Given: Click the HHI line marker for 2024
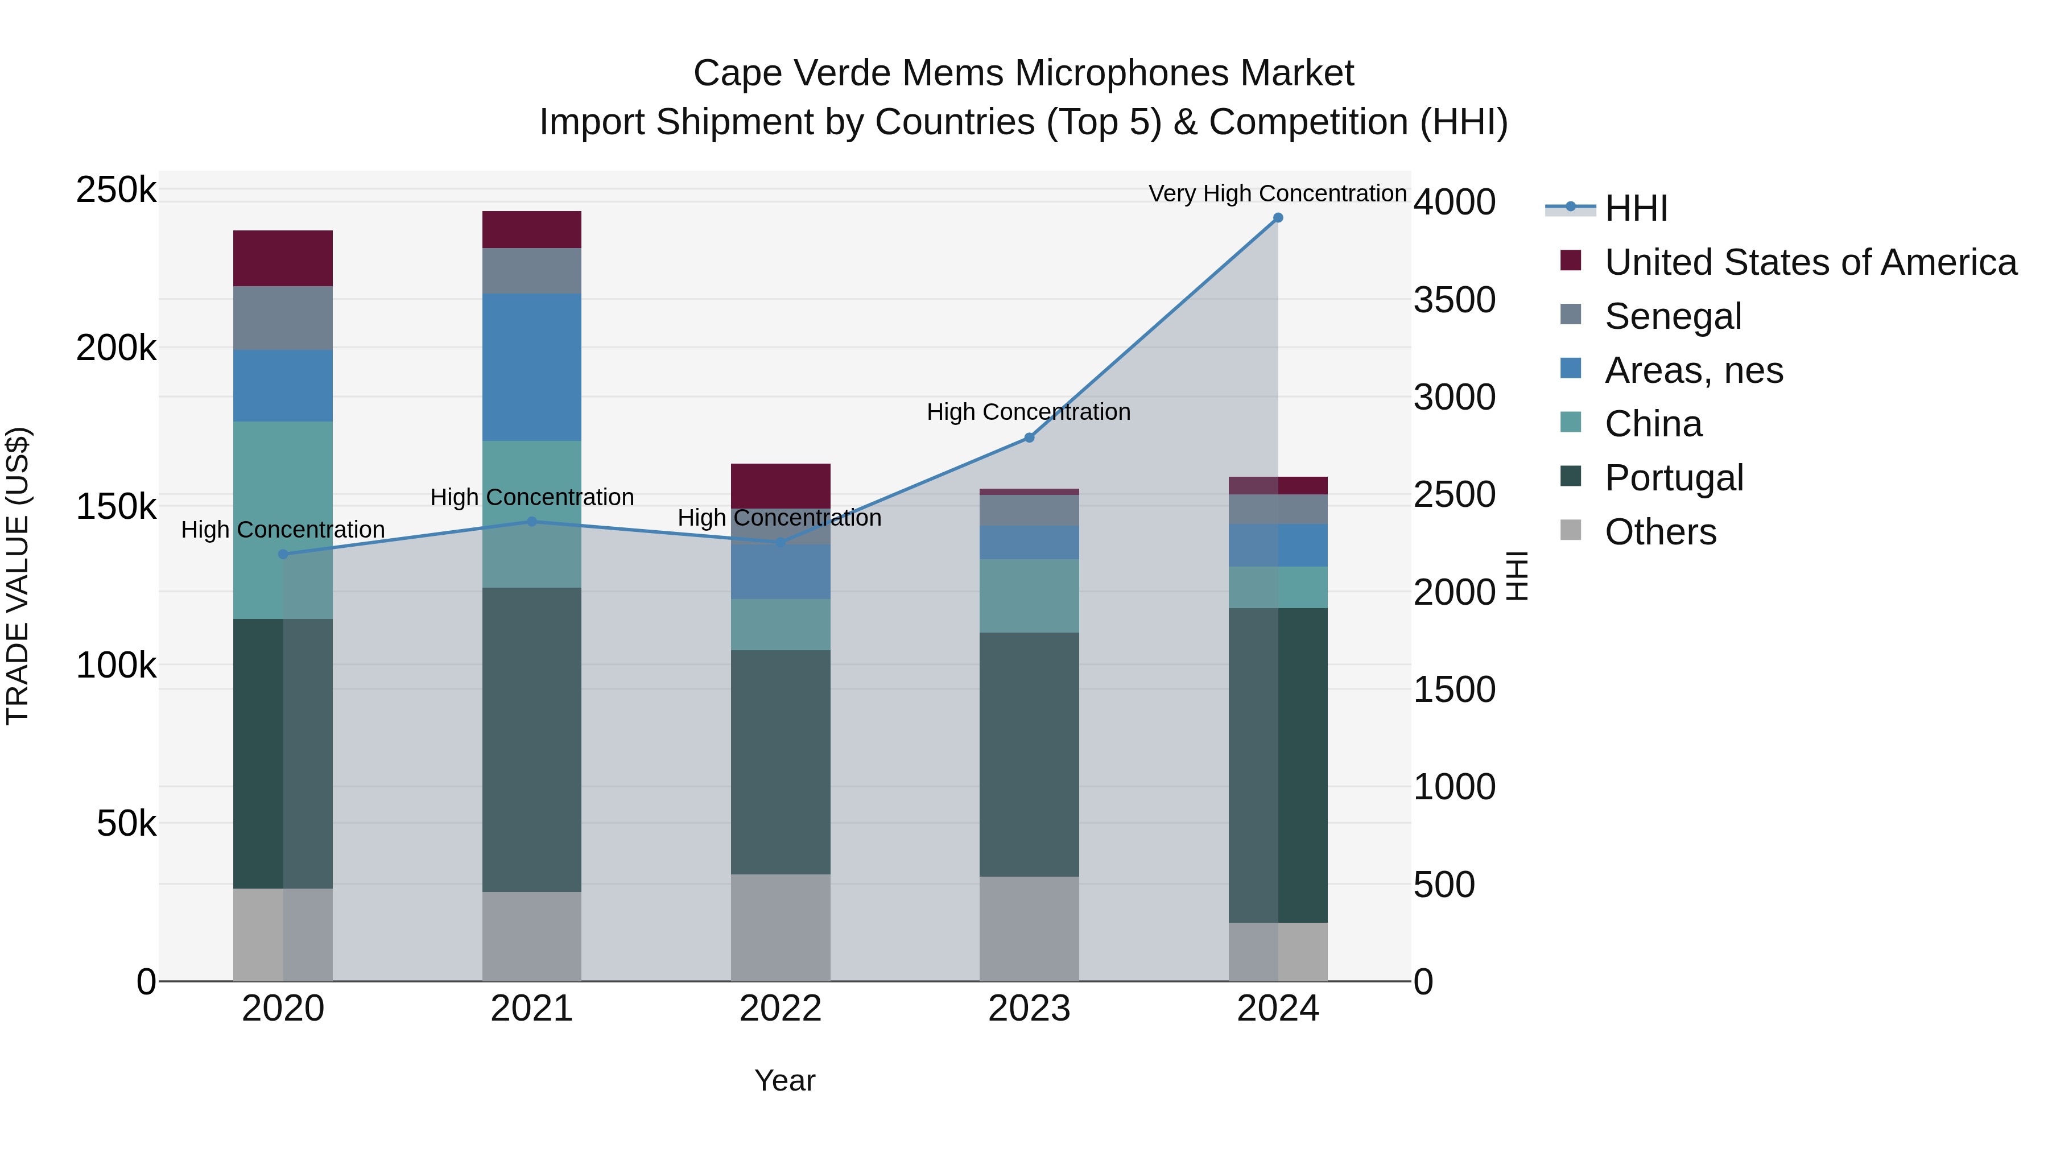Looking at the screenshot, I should pos(1278,218).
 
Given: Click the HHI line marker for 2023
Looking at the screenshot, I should pos(1029,438).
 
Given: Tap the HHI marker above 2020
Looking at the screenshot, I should pos(283,554).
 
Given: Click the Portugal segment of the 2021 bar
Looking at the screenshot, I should pos(531,740).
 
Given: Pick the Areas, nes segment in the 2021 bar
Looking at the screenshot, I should pos(531,368).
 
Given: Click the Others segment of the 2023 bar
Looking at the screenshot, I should pos(1029,928).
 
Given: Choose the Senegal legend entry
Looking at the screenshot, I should pos(1673,316).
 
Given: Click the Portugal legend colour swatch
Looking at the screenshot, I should pos(1570,476).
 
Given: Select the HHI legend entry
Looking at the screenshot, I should pos(1636,208).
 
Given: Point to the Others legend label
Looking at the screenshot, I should pos(1660,532).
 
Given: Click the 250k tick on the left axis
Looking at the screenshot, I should pos(116,191).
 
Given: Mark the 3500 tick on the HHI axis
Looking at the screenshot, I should pos(1454,300).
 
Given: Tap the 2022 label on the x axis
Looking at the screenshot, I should pos(780,1009).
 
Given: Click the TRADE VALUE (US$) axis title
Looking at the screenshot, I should pos(18,576).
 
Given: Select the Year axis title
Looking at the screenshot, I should pos(784,1080).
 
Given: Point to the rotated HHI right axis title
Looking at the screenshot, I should pos(1517,576).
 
